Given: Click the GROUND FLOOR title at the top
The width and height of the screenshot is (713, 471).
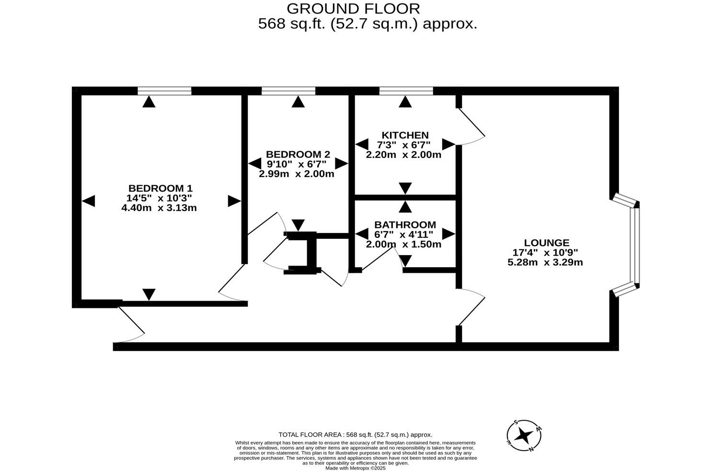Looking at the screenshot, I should (x=353, y=9).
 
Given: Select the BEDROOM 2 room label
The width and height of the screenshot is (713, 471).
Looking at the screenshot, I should (x=298, y=154).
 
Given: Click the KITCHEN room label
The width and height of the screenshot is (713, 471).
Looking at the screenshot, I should (x=405, y=135).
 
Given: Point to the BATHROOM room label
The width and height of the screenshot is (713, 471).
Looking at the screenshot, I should (x=405, y=224).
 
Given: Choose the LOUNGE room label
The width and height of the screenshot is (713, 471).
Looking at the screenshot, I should (x=546, y=243).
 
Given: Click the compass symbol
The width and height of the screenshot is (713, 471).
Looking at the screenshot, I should (x=524, y=436).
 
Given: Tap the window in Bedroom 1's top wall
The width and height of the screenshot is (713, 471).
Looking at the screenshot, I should (x=164, y=91).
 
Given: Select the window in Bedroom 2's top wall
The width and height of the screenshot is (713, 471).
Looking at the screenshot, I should (x=288, y=91).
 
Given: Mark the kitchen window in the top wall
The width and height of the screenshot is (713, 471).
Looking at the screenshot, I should (x=406, y=91).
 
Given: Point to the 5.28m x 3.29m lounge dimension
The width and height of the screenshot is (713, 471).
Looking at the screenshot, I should (x=545, y=262).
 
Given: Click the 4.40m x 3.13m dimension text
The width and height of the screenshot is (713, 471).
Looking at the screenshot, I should (x=159, y=208).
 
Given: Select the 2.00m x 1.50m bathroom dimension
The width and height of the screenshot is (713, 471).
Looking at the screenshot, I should (x=403, y=244).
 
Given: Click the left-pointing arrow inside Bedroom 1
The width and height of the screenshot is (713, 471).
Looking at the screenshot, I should (x=88, y=201).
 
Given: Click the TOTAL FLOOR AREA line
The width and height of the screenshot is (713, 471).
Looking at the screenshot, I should (x=355, y=435).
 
